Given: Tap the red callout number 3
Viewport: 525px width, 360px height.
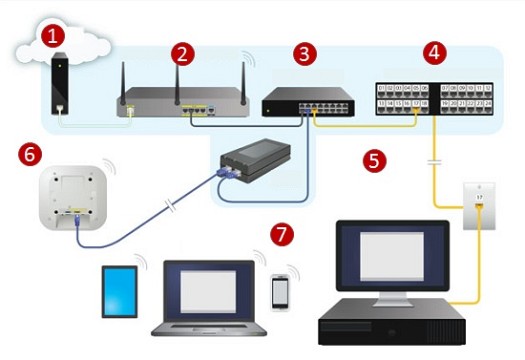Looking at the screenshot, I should click(307, 53).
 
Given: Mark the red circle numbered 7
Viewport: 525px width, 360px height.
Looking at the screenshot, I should click(283, 235).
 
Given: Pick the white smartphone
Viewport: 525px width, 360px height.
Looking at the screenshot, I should click(282, 291).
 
